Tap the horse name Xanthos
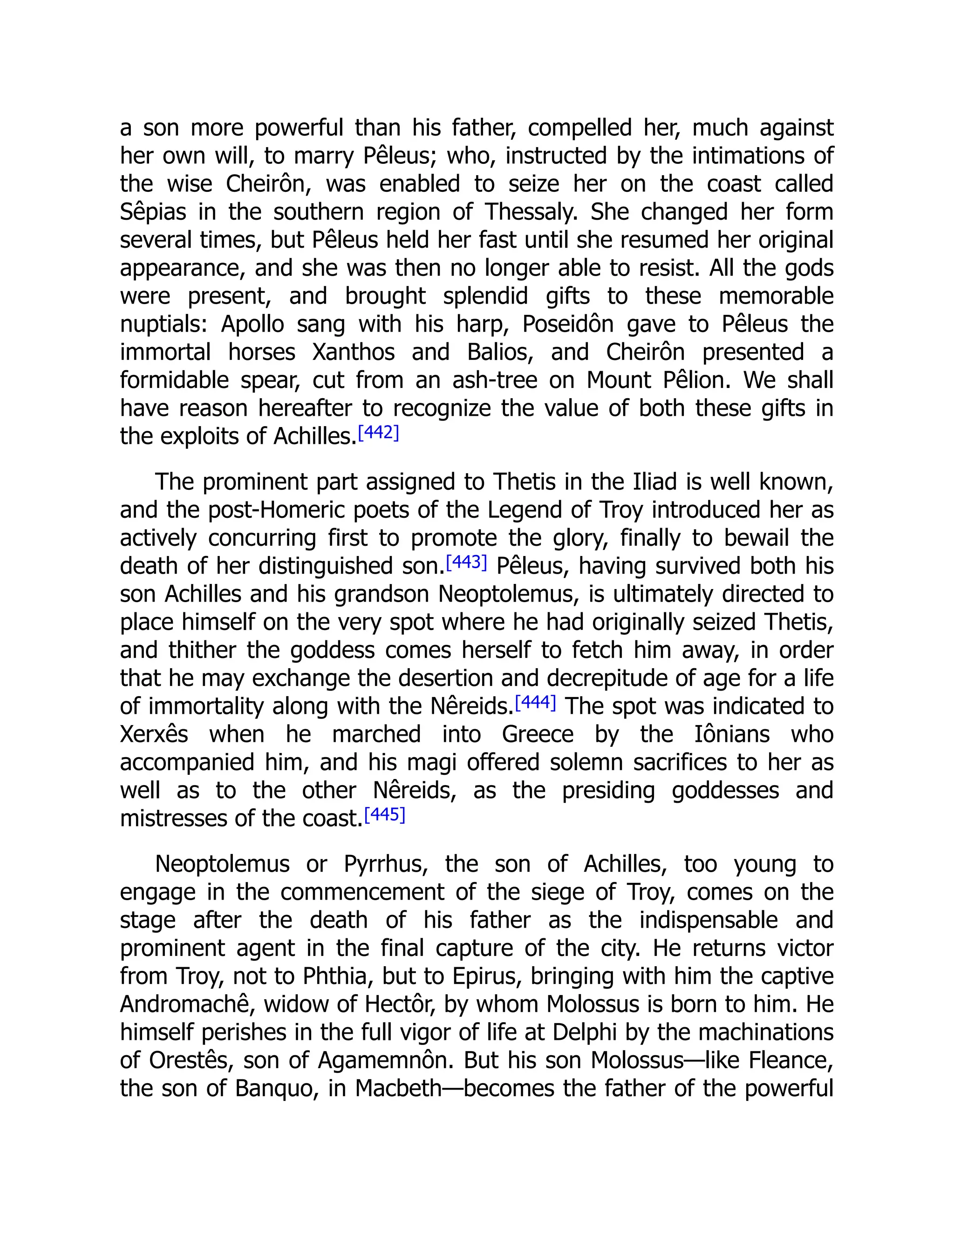click(353, 353)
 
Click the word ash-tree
click(495, 380)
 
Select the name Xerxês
click(154, 734)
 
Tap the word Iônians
click(732, 734)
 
